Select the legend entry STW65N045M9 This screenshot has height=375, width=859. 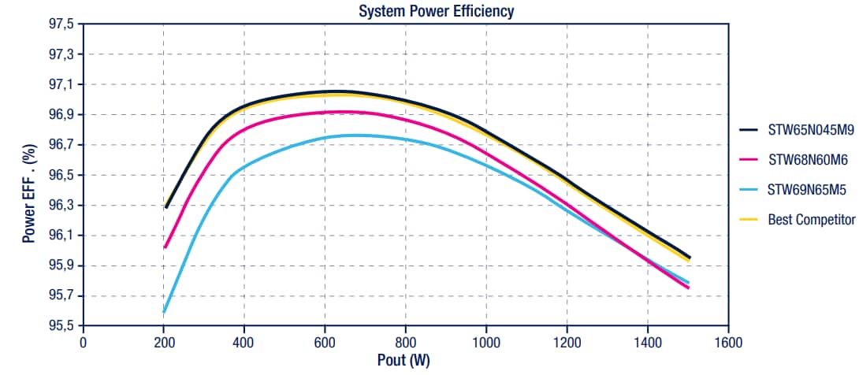pyautogui.click(x=811, y=130)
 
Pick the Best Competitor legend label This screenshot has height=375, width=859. pyautogui.click(x=811, y=220)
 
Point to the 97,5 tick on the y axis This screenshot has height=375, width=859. pyautogui.click(x=61, y=24)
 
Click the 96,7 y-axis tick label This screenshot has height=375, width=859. pyautogui.click(x=61, y=145)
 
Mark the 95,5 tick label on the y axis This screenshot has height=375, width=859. pyautogui.click(x=61, y=325)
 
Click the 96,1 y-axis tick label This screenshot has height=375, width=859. pyautogui.click(x=61, y=236)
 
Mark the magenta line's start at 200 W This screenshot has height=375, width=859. pyautogui.click(x=164, y=247)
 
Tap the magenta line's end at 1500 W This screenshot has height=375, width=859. pyautogui.click(x=688, y=288)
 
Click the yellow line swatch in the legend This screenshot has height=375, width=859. pyautogui.click(x=751, y=220)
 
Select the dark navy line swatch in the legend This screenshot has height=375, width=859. pyautogui.click(x=751, y=130)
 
